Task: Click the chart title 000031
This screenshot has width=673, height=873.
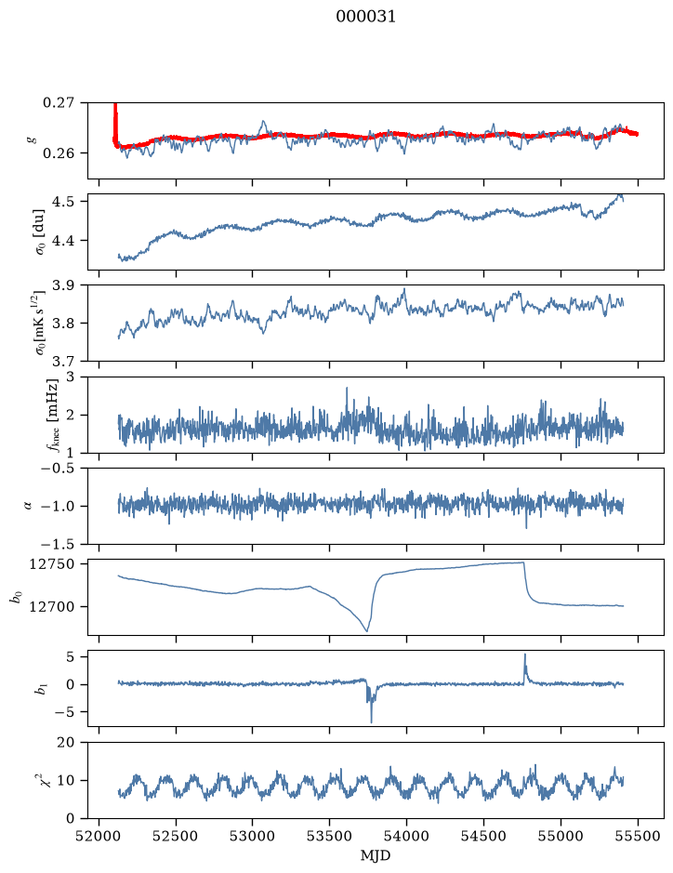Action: click(365, 17)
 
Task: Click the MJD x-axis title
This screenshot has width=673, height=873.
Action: click(376, 855)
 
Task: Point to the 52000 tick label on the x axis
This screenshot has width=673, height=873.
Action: click(99, 836)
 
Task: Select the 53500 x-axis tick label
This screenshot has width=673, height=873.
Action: click(330, 836)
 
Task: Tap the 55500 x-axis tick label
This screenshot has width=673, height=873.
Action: click(638, 836)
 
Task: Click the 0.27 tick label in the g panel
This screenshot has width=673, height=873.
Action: click(58, 103)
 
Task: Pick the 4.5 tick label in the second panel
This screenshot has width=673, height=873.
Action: click(63, 201)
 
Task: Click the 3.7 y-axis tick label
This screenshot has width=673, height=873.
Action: click(63, 362)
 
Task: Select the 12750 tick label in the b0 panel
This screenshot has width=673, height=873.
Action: click(51, 564)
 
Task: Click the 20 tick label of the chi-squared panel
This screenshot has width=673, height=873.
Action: click(66, 743)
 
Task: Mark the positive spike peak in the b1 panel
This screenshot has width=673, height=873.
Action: click(524, 655)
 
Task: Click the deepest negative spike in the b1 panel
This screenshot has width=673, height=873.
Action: click(371, 721)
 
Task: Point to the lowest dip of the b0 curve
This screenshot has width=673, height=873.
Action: click(367, 630)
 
